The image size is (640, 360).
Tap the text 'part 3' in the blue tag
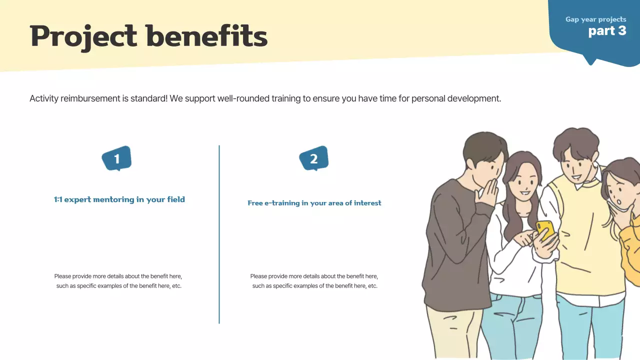click(607, 31)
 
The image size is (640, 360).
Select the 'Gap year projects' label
click(595, 19)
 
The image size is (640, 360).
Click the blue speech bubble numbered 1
click(116, 159)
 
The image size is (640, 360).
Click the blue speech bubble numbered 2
click(313, 159)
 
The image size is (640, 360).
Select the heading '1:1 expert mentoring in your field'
click(119, 199)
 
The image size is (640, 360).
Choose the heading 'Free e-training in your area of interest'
click(314, 203)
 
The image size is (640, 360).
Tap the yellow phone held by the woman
click(544, 229)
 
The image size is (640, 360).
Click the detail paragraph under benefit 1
click(118, 281)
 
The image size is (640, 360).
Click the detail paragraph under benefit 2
click(314, 281)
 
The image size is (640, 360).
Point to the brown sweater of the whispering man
click(452, 240)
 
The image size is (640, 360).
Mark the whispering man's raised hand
click(487, 195)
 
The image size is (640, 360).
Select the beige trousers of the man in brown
click(452, 330)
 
